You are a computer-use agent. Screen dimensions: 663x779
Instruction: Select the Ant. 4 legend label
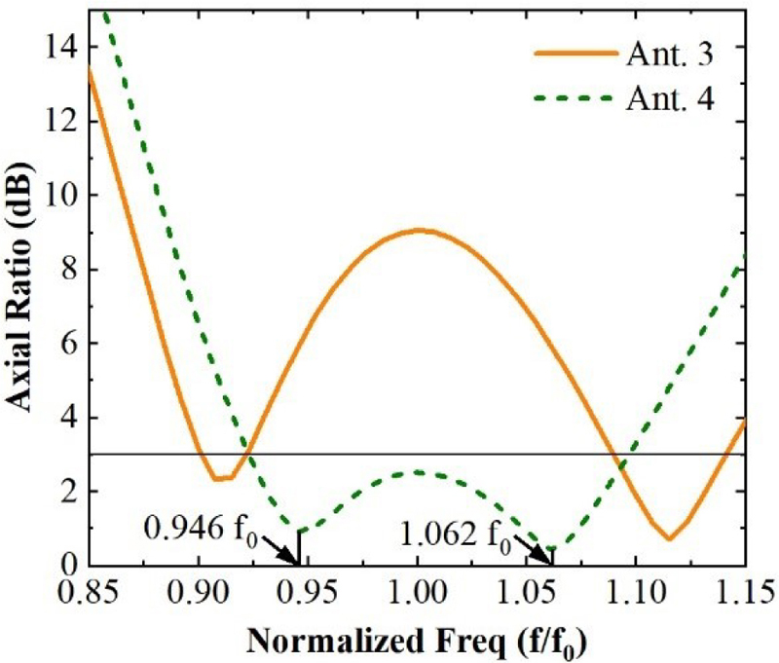click(672, 99)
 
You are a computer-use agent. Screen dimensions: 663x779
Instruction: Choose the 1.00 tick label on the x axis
click(417, 593)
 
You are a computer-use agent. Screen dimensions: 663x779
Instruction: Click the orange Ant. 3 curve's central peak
click(418, 230)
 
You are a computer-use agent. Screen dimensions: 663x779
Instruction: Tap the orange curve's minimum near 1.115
click(669, 538)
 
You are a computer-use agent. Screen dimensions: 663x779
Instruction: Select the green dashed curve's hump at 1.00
click(418, 472)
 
